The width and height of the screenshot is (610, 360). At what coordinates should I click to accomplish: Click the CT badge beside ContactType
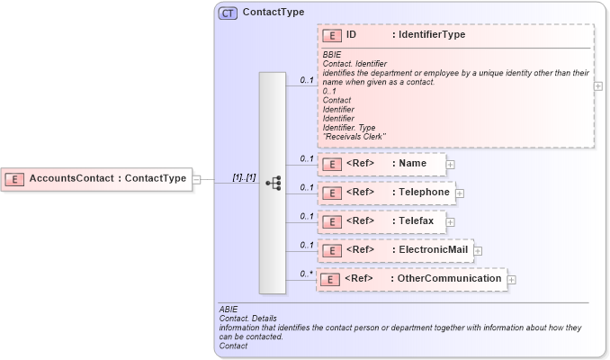(x=228, y=13)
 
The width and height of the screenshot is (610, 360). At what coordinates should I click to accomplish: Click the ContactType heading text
(x=273, y=13)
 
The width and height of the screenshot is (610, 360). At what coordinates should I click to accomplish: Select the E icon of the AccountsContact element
(x=14, y=179)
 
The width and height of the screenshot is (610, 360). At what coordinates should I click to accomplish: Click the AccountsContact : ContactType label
(x=107, y=179)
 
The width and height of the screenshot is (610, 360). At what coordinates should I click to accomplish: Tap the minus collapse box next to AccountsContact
(x=196, y=179)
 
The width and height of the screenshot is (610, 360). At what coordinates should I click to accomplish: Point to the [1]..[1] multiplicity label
(x=244, y=177)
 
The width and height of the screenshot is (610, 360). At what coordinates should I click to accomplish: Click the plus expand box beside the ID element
(x=598, y=85)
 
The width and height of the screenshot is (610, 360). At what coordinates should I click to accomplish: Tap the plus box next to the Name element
(x=451, y=165)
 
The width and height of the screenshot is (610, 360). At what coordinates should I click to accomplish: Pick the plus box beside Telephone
(x=459, y=193)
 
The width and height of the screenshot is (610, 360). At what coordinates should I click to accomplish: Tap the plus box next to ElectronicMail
(x=479, y=250)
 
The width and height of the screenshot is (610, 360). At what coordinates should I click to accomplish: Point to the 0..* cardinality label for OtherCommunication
(x=307, y=274)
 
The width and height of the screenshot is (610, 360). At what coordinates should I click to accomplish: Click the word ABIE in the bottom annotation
(x=229, y=309)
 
